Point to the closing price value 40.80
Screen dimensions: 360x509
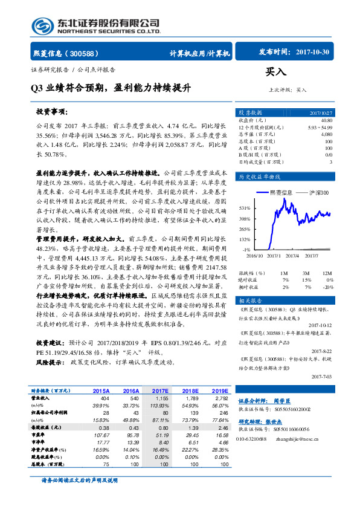[x=327, y=120]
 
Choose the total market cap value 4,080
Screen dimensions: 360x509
[x=326, y=134]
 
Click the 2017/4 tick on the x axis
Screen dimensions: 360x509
[x=293, y=256]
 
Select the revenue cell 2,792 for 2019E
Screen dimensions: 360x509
[x=220, y=398]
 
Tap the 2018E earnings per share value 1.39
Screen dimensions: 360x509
[x=191, y=427]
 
